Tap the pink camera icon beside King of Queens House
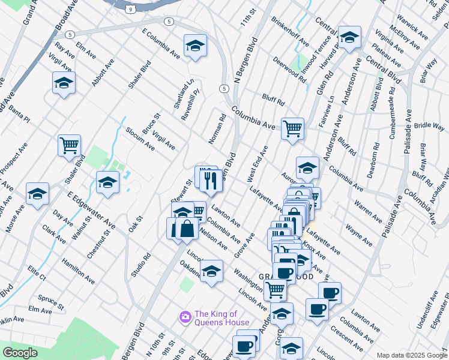[x=185, y=316]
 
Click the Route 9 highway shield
[x=130, y=9]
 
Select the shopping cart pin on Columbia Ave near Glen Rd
[x=292, y=128]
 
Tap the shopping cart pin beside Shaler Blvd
[x=69, y=145]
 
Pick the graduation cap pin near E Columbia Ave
[x=195, y=46]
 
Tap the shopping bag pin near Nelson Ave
[x=187, y=229]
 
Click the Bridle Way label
[x=429, y=126]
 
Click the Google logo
[x=20, y=353]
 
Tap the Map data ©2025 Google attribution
[x=411, y=355]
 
